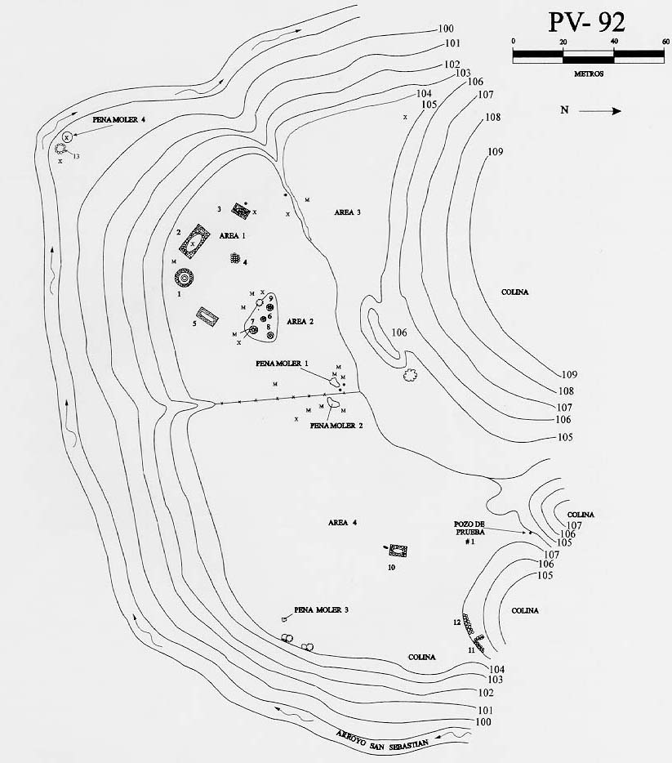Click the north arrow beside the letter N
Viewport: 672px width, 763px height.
[x=604, y=111]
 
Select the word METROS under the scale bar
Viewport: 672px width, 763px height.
[x=588, y=74]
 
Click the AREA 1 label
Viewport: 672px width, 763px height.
[x=233, y=234]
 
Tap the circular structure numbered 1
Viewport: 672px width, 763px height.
[x=185, y=279]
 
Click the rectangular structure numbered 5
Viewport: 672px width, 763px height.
[x=208, y=317]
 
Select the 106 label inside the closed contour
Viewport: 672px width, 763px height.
[x=399, y=332]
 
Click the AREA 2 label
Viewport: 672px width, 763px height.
[x=300, y=321]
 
